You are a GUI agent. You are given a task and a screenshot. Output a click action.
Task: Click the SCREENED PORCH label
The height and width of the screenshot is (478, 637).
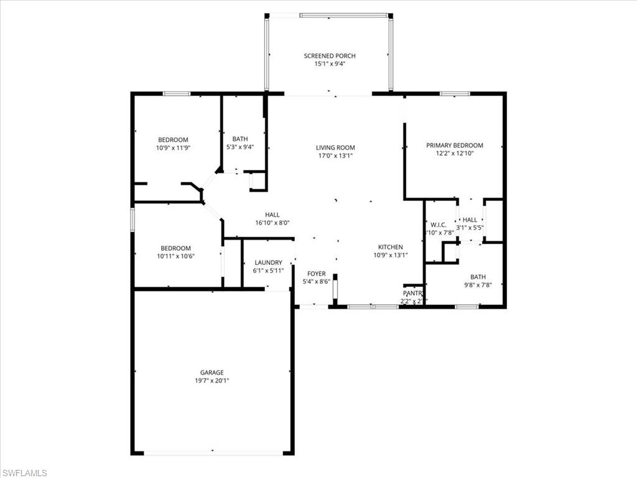[x=330, y=56]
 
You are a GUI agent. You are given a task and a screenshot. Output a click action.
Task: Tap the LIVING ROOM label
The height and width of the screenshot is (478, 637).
[x=335, y=148]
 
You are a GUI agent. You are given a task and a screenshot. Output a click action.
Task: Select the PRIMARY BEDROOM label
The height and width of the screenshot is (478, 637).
[x=454, y=145]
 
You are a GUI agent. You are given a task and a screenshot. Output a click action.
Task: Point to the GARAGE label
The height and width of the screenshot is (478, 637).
[x=212, y=372]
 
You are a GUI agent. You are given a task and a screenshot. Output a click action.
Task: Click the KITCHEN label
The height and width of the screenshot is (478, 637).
[x=391, y=247]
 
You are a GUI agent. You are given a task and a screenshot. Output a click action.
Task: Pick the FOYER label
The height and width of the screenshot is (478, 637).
[x=317, y=274]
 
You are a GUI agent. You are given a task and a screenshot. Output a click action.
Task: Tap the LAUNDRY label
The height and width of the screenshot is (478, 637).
[x=268, y=263]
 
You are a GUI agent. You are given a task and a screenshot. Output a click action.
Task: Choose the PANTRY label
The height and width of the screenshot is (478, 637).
[x=413, y=293]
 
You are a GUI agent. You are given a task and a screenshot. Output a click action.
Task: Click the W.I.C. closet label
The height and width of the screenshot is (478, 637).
[x=439, y=225]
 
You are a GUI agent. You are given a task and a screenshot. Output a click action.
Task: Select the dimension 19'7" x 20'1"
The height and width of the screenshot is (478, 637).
[x=212, y=380]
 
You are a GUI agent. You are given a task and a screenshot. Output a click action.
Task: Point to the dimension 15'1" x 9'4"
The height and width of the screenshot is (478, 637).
[x=330, y=63]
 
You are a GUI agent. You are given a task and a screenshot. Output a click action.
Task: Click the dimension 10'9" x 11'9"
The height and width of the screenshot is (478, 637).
[x=173, y=148]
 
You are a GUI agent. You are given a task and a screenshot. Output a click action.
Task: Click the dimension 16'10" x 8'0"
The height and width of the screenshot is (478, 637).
[x=272, y=222]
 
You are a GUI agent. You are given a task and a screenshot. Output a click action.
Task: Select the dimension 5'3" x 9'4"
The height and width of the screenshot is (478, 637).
[x=240, y=148]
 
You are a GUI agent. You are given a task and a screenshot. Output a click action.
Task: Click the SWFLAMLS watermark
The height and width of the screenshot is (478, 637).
[x=24, y=473]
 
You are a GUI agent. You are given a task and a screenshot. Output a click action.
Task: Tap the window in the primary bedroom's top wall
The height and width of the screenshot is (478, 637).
[x=455, y=93]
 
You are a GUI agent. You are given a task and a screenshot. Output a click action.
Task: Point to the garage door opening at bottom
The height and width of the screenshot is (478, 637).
[x=212, y=452]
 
